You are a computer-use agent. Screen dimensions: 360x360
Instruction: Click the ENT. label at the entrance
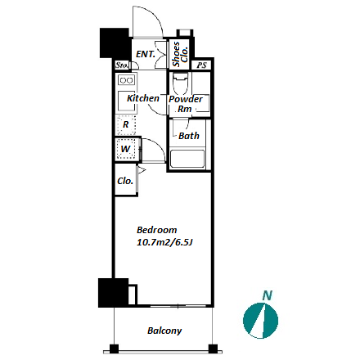[x=146, y=54]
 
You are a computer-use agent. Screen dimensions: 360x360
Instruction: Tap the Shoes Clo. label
[x=181, y=54]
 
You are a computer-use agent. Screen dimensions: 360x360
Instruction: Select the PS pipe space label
[x=202, y=65]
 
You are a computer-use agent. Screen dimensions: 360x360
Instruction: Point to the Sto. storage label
[x=122, y=65]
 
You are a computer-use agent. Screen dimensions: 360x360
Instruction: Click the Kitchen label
[x=143, y=98]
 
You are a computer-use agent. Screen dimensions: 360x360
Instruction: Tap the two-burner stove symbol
[x=127, y=80]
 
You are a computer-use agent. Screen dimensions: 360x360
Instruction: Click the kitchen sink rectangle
[x=126, y=101]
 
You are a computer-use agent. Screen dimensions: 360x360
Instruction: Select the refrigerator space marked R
[x=126, y=125]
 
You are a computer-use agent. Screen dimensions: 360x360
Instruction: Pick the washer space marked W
[x=126, y=149]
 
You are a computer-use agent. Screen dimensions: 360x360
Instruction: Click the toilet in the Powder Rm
[x=180, y=83]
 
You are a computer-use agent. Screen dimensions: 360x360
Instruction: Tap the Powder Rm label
[x=186, y=104]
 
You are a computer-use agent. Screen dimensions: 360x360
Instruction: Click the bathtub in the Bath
[x=187, y=159]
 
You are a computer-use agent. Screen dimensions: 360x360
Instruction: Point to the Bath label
[x=189, y=136]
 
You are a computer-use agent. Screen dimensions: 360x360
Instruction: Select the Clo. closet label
[x=125, y=181]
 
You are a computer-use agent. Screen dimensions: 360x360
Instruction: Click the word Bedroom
[x=157, y=230]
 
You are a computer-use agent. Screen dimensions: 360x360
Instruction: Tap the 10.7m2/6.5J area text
[x=164, y=243]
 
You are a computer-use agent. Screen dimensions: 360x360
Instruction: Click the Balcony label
[x=164, y=331]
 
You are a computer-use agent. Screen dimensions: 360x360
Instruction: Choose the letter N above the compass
[x=268, y=295]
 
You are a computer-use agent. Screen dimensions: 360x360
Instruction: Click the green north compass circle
[x=260, y=321]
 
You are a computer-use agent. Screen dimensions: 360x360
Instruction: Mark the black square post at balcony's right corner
[x=213, y=349]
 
